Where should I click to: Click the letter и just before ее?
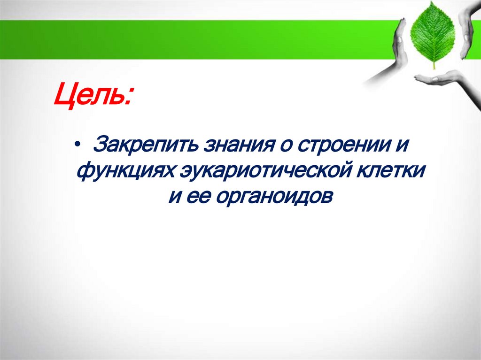click(x=174, y=196)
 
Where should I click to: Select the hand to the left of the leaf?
click(x=390, y=59)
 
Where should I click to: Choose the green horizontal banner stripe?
click(x=188, y=40)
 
